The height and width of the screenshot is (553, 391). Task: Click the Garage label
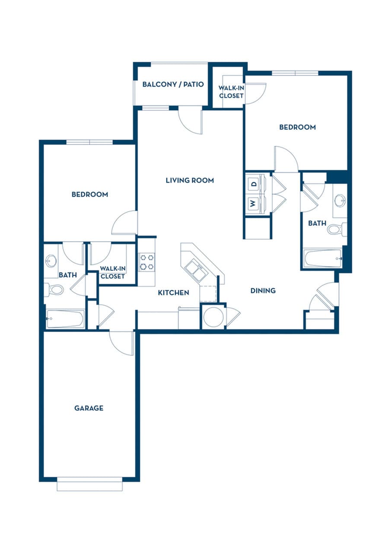(89, 408)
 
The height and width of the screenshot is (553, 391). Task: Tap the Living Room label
(190, 180)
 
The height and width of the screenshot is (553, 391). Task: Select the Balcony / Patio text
(173, 84)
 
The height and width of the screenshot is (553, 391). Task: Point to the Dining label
(263, 290)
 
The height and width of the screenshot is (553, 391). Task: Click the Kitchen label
(173, 292)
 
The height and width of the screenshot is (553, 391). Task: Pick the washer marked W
(253, 203)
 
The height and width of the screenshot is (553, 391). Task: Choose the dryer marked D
(254, 183)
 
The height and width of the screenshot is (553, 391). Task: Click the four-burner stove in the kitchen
(147, 262)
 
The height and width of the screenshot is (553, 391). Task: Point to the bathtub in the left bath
(65, 319)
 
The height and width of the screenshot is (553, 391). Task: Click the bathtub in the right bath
(323, 258)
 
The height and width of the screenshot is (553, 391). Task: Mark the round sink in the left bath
(51, 261)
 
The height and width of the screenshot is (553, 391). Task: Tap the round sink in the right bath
(340, 200)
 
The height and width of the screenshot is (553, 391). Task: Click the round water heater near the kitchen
(213, 317)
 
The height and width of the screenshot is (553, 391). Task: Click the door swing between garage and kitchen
(121, 342)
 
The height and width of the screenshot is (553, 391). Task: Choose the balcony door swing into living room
(191, 119)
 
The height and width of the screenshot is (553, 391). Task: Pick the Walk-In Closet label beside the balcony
(231, 92)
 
